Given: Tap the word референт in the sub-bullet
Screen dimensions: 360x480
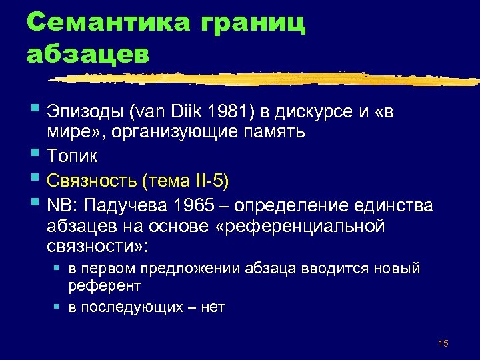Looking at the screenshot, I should click(105, 285).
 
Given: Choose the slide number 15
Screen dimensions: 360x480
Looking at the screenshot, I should click(444, 343).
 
